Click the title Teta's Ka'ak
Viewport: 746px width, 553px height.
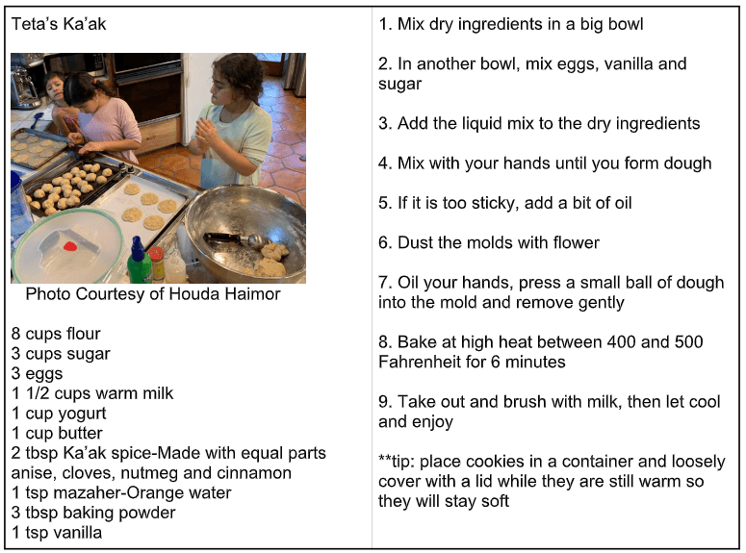point(59,24)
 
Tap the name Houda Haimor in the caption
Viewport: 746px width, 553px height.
point(224,294)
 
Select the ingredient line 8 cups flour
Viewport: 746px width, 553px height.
point(56,334)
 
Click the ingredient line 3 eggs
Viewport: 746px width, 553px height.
point(38,374)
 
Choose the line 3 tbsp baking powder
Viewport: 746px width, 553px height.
point(93,513)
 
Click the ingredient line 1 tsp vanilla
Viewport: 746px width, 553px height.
point(57,533)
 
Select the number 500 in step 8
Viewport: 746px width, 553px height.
point(688,341)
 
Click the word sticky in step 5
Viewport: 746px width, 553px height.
point(493,203)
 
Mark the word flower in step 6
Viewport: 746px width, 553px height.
point(576,242)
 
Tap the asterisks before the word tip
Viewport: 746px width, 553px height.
point(385,459)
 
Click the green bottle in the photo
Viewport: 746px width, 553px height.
point(140,261)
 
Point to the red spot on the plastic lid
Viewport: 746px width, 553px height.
point(70,246)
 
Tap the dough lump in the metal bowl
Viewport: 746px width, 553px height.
point(271,259)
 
